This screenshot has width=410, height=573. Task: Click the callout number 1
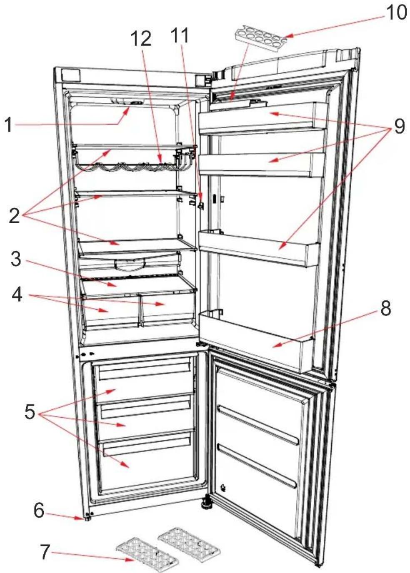pyautogui.click(x=9, y=125)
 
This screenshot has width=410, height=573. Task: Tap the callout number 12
pyautogui.click(x=141, y=38)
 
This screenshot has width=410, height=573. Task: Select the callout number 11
pyautogui.click(x=180, y=36)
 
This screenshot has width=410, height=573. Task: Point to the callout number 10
pyautogui.click(x=396, y=12)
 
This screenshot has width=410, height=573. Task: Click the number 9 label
pyautogui.click(x=399, y=126)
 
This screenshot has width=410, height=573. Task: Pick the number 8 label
pyautogui.click(x=385, y=309)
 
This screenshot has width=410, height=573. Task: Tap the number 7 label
pyautogui.click(x=45, y=552)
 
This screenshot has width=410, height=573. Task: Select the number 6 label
pyautogui.click(x=39, y=510)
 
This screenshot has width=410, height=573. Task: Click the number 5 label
pyautogui.click(x=29, y=412)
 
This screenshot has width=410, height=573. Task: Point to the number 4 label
pyautogui.click(x=17, y=295)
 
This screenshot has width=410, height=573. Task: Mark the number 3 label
pyautogui.click(x=16, y=259)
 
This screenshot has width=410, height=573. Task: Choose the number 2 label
pyautogui.click(x=14, y=216)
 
